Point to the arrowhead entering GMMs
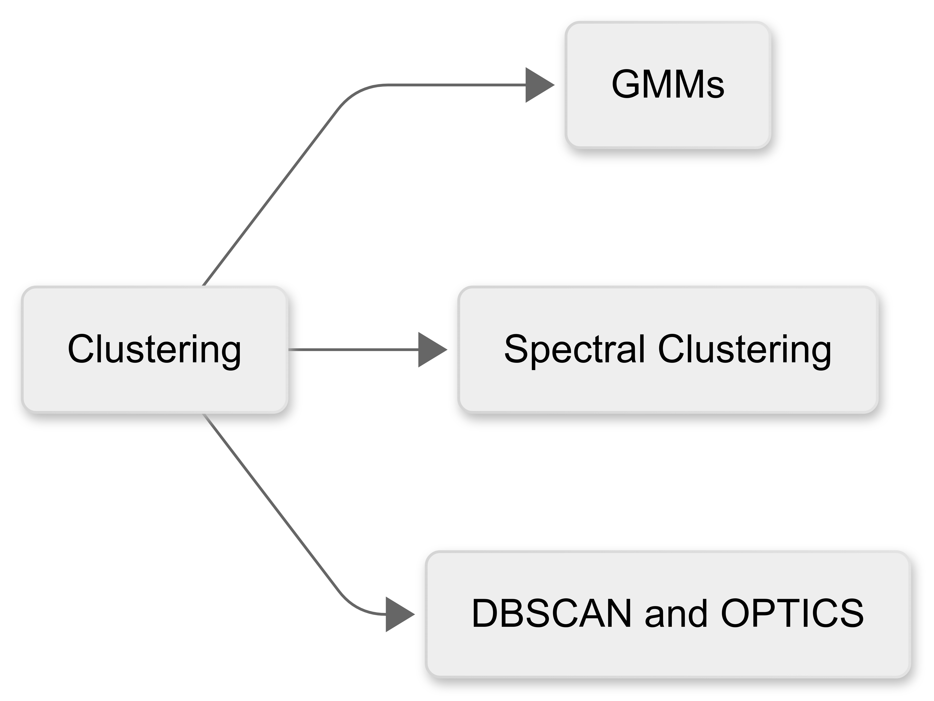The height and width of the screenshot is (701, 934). [538, 85]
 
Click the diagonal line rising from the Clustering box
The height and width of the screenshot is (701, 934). [270, 196]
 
